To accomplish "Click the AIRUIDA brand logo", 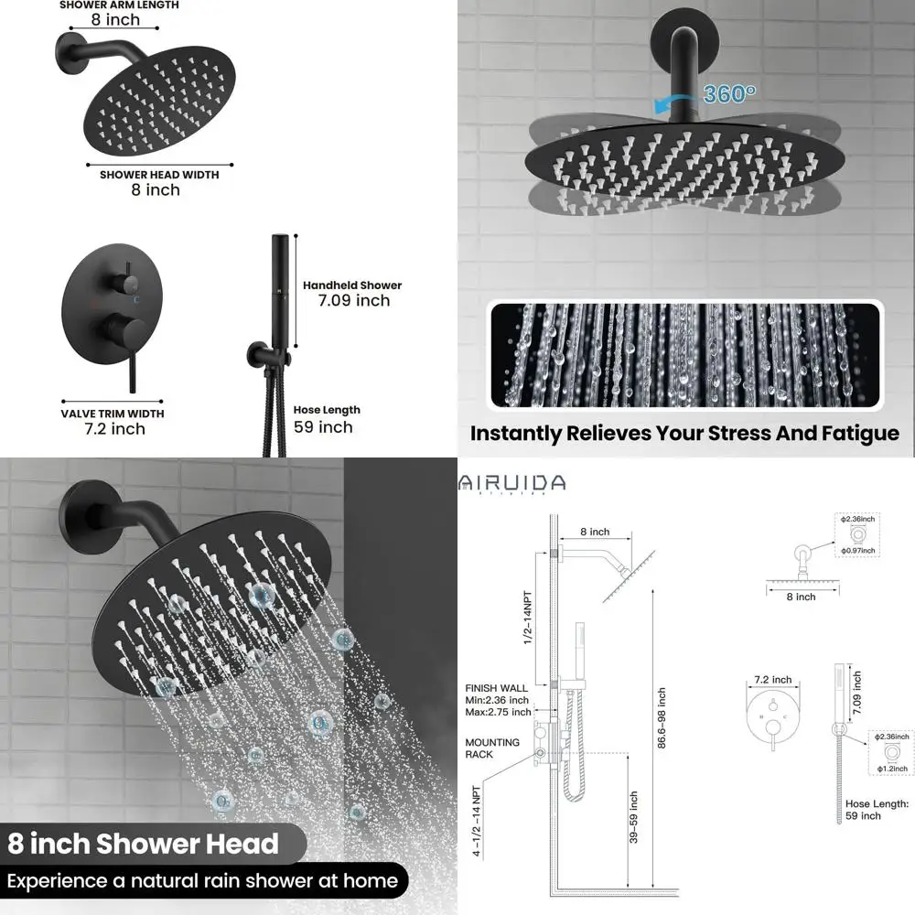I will point(512,483).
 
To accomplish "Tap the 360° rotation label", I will point(729,93).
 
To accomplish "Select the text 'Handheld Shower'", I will point(352,285).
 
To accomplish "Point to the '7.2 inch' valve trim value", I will point(115,428).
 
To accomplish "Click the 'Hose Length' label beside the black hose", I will point(327,410).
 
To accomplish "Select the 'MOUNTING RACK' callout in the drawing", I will point(492,748).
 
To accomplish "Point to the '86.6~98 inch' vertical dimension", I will point(662,718).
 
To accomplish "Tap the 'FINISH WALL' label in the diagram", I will point(496,687).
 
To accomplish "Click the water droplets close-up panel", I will point(685,355).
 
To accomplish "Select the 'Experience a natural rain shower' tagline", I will point(203,881).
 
